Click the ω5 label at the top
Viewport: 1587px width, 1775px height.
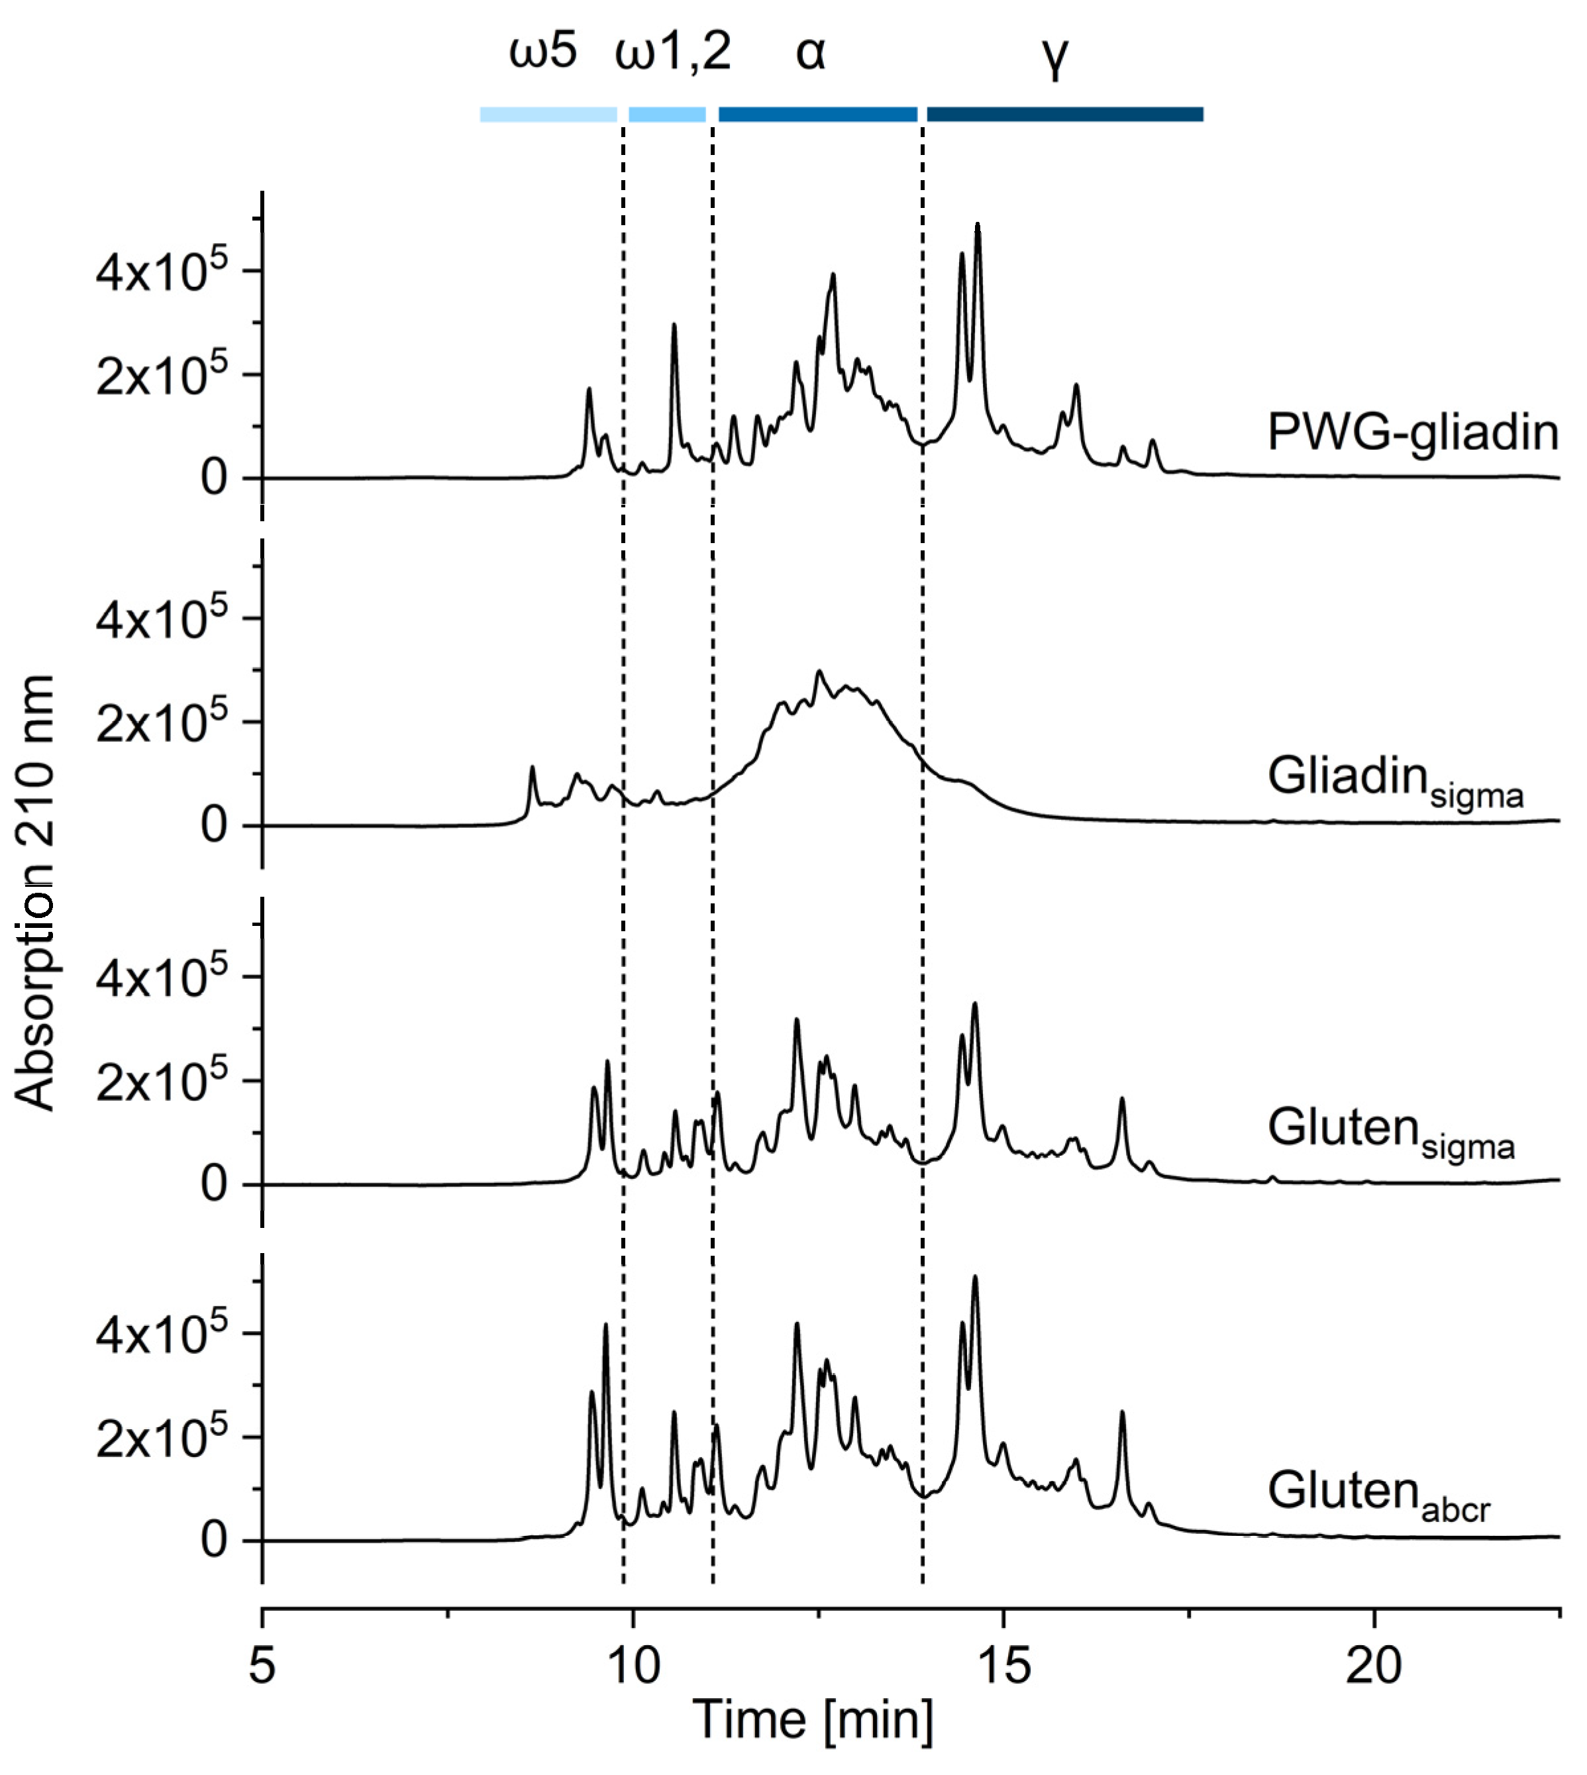[x=542, y=52]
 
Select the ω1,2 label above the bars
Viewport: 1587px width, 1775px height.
[x=672, y=52]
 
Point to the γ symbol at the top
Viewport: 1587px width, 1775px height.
[x=1054, y=57]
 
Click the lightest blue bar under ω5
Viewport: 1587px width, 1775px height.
[x=548, y=114]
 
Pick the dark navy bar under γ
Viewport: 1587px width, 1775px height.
[x=1064, y=114]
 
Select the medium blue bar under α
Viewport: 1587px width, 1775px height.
[x=817, y=114]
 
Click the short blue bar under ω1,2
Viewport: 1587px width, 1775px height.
[x=667, y=114]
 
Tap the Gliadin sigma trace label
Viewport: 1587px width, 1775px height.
[x=1394, y=778]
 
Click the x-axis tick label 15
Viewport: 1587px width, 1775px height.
[x=1003, y=1665]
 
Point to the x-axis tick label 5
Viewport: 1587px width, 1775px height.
[x=262, y=1665]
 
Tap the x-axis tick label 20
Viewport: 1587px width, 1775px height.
[x=1373, y=1665]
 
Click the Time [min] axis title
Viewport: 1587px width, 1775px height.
[x=813, y=1720]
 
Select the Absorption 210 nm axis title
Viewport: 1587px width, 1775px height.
[x=35, y=893]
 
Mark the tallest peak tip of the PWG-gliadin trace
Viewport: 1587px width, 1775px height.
[x=978, y=225]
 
